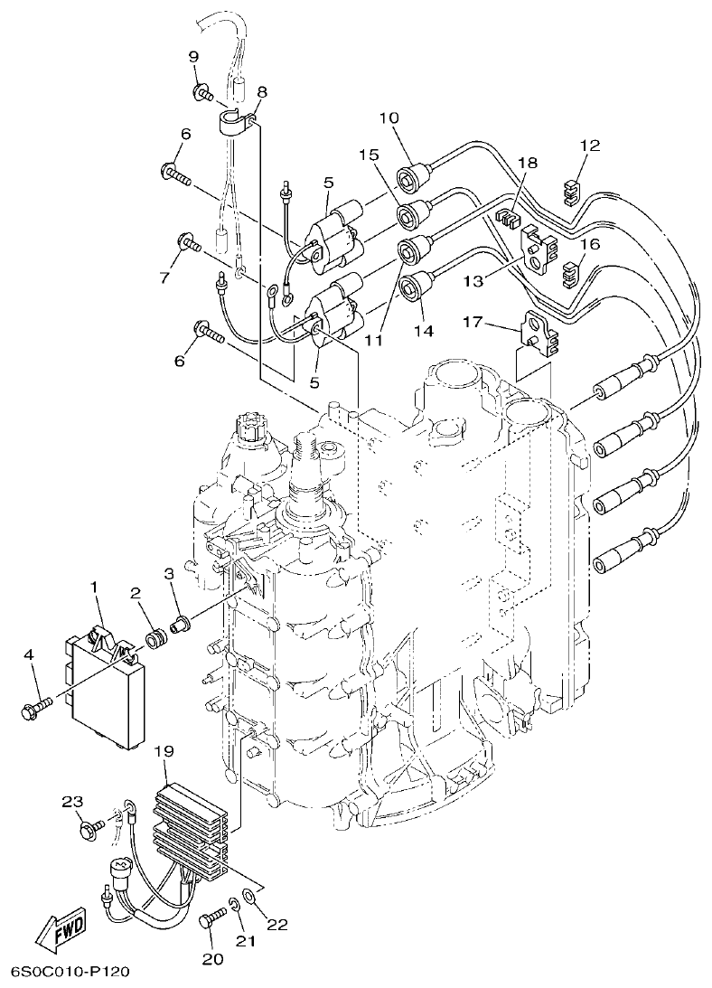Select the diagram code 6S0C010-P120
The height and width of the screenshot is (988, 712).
click(70, 973)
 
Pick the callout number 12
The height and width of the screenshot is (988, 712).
click(590, 146)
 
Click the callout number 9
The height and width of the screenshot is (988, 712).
click(193, 57)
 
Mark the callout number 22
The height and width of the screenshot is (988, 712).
click(276, 925)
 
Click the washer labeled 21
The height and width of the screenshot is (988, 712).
click(234, 903)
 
